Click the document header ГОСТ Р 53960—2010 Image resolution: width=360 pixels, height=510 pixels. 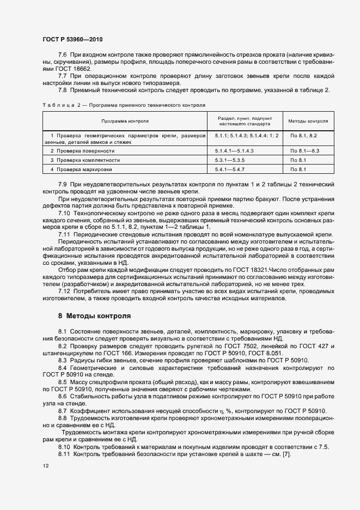click(72, 40)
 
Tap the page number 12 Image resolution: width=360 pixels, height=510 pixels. click(45, 466)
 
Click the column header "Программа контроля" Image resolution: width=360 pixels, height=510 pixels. click(125, 121)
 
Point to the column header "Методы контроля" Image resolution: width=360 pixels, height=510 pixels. click(308, 121)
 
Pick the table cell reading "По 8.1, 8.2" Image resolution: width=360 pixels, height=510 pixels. click(303, 135)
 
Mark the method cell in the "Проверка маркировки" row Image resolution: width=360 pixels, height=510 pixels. click(298, 170)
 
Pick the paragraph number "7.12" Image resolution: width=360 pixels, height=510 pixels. click(64, 291)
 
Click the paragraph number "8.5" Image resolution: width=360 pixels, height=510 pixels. click(62, 382)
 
